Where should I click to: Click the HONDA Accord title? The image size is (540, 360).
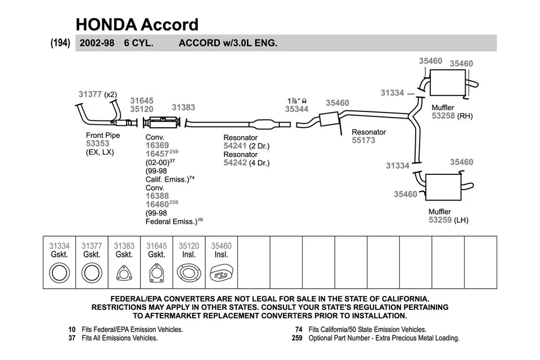coord(137,24)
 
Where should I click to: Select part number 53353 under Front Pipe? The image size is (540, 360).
coord(98,143)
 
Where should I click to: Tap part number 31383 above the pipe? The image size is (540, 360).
coord(183,107)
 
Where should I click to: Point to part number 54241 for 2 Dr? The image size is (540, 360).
coord(236,146)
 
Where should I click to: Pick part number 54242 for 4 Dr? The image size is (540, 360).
coord(236,163)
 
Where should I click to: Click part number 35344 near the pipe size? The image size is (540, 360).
coord(296,110)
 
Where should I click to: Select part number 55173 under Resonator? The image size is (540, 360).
coord(363,140)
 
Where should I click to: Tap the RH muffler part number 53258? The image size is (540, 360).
coord(443,116)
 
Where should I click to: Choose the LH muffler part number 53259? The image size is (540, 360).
coord(440,220)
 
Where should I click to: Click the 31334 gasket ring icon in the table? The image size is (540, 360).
coord(59,274)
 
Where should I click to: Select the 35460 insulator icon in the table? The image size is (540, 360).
coord(221,274)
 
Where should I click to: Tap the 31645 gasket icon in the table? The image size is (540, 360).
coord(156,274)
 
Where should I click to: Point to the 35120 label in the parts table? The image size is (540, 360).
coord(189,246)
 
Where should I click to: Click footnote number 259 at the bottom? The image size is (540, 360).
coord(297,338)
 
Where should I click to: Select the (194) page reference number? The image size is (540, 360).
coord(60,43)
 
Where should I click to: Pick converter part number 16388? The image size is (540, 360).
coord(157,196)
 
